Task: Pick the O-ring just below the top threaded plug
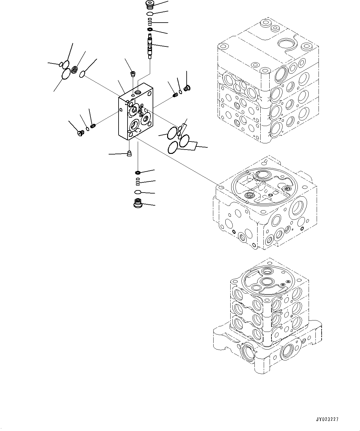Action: (150, 14)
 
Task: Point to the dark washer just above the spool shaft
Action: (150, 29)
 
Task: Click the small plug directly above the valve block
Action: (133, 74)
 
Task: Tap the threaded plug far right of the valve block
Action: (186, 89)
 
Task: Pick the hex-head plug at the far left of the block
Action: (81, 133)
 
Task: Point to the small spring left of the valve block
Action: (93, 126)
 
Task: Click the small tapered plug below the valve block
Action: (129, 154)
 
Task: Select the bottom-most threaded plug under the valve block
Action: (137, 203)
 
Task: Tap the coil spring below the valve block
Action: (138, 181)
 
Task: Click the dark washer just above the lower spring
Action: (138, 172)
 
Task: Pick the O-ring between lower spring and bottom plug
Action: (138, 192)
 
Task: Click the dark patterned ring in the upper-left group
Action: (74, 70)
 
